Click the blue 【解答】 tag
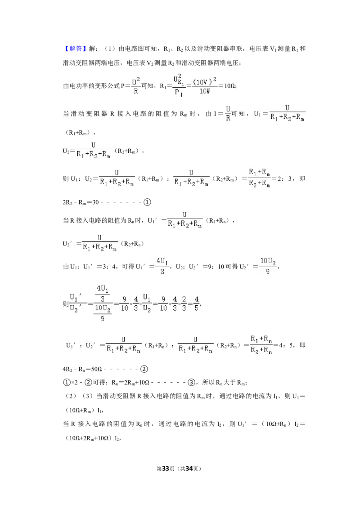(x=74, y=49)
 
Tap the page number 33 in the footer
(x=166, y=469)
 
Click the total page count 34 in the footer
(x=189, y=469)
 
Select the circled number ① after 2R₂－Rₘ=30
(x=147, y=202)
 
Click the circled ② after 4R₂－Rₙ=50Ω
(x=144, y=369)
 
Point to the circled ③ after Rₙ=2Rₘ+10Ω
(x=191, y=382)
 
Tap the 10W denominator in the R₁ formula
(x=205, y=91)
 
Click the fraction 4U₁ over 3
(x=162, y=266)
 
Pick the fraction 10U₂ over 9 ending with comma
(x=268, y=266)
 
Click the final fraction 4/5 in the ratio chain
(x=197, y=304)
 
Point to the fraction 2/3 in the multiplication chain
(x=184, y=304)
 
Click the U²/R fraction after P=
(x=136, y=86)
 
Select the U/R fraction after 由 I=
(x=228, y=114)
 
